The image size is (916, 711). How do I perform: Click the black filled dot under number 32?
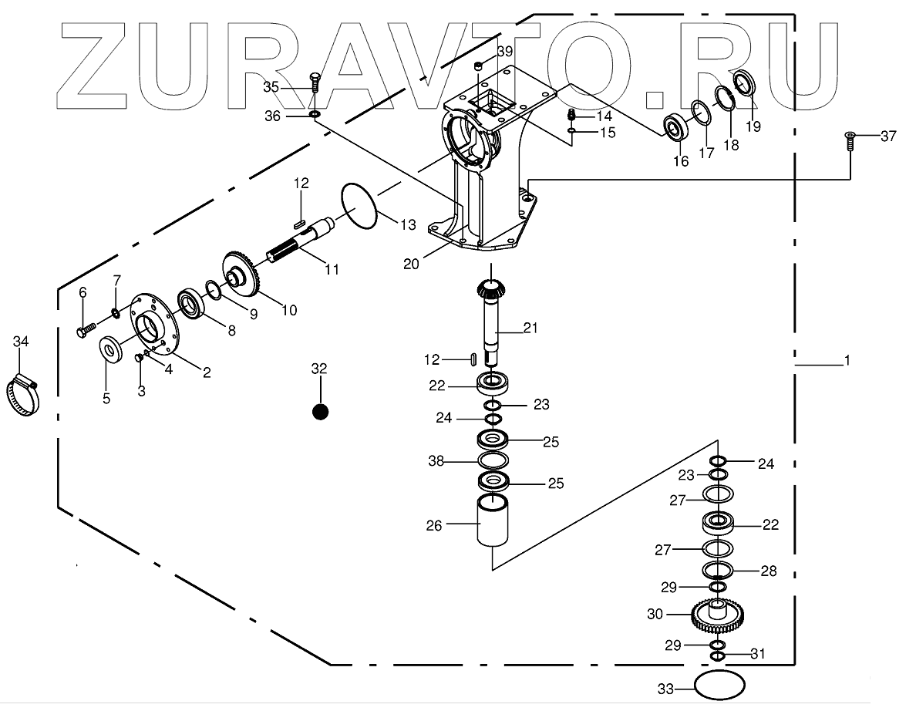[x=320, y=412]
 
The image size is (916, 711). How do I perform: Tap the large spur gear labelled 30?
[x=717, y=615]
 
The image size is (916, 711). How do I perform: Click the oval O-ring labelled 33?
[x=719, y=684]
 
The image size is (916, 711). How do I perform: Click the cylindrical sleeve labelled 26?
[x=493, y=521]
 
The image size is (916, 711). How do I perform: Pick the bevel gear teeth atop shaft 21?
[x=487, y=291]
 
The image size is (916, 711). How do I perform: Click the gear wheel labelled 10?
[x=245, y=275]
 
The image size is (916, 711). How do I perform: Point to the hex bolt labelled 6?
[x=85, y=329]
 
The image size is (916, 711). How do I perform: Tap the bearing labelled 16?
[x=677, y=127]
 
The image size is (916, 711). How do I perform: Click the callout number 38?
[x=436, y=462]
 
